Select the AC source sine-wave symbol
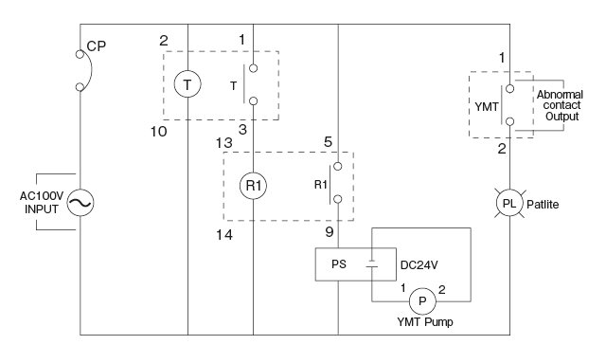pos(80,202)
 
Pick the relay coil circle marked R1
pos(254,186)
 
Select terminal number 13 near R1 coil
pos(223,142)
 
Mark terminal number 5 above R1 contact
pos(327,142)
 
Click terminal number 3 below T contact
pos(242,129)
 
